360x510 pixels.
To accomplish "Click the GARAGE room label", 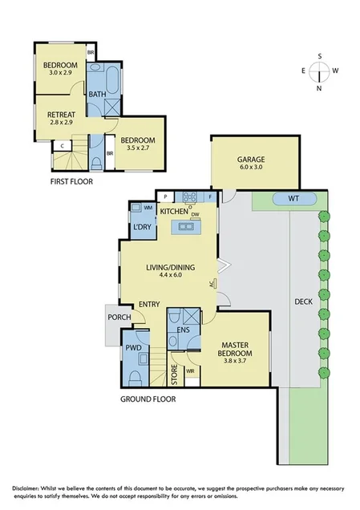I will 250,160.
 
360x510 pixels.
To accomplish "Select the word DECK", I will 303,302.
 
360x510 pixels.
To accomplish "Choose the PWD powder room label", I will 133,349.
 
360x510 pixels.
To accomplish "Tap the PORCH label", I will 119,318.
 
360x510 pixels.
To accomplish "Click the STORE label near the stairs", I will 173,374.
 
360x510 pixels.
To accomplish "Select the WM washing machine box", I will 148,208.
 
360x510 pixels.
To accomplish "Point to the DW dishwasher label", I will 194,214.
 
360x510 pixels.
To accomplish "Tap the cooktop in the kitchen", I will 190,197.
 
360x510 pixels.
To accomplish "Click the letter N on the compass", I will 319,88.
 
